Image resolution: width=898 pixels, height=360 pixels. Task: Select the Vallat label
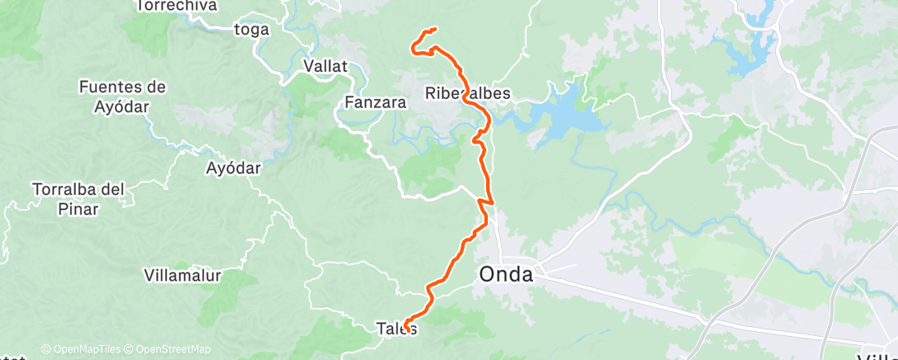tap(326, 65)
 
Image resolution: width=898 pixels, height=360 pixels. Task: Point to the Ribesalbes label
tap(468, 93)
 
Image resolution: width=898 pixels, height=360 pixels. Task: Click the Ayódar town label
tap(233, 168)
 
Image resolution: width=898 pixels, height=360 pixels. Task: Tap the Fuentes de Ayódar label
tap(123, 95)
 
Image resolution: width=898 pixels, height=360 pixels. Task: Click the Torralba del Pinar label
tap(78, 199)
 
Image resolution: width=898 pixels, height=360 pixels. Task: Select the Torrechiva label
tap(176, 7)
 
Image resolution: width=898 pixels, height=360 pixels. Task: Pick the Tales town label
tap(397, 329)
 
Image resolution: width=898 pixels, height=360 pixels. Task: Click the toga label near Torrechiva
tap(252, 31)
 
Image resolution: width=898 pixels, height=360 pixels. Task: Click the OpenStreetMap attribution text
tap(168, 349)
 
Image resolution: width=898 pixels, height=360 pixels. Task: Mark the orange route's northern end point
tap(434, 31)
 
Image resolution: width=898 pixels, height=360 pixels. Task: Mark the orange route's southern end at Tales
tap(406, 330)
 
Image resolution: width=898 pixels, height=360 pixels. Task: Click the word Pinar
tap(78, 210)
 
